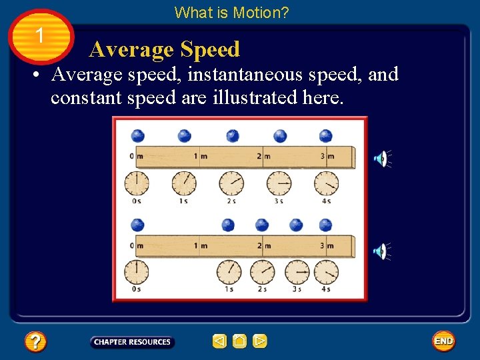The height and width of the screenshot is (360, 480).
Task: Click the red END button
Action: click(443, 341)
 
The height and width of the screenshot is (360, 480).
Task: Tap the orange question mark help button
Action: click(35, 342)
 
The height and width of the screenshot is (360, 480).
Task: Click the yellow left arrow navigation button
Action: click(219, 341)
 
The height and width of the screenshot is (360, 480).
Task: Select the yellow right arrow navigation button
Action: click(260, 341)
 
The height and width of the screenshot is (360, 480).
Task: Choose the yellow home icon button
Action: click(239, 341)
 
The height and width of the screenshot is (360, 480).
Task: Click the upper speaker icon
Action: click(380, 159)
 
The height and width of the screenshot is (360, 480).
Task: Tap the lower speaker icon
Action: click(380, 251)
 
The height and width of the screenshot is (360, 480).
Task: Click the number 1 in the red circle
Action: click(41, 35)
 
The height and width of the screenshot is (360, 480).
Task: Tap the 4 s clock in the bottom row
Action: click(327, 272)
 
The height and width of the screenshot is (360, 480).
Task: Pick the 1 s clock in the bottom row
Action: click(229, 272)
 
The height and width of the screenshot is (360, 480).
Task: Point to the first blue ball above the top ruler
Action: click(137, 135)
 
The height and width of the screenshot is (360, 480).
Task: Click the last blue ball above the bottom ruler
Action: click(326, 225)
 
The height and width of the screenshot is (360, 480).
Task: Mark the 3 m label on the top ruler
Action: click(325, 157)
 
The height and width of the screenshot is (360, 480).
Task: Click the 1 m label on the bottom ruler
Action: click(199, 246)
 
